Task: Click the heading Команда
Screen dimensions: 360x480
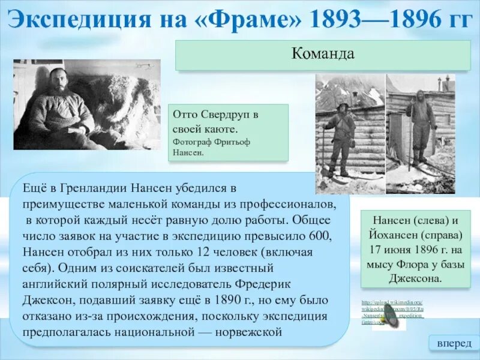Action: point(323,54)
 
